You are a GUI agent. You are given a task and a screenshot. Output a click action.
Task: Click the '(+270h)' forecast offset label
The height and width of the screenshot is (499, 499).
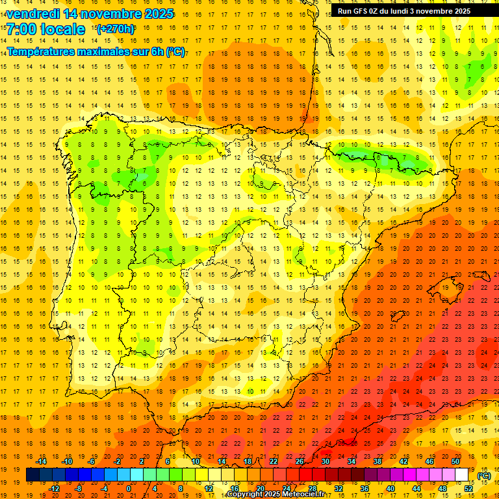(x=115, y=29)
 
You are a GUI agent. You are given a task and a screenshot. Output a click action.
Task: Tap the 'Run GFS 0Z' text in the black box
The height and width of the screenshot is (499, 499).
(x=359, y=11)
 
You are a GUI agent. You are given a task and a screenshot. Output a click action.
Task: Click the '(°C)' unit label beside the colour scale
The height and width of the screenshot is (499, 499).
(x=484, y=476)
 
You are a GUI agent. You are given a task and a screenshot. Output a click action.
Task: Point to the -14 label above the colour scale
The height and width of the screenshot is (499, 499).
(x=41, y=461)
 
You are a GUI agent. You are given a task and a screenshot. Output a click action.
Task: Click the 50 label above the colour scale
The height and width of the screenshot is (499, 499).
(x=455, y=461)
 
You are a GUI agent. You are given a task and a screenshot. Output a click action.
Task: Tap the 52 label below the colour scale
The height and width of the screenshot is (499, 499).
(x=468, y=489)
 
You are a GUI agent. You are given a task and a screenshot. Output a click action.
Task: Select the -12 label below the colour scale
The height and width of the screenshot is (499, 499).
(x=54, y=489)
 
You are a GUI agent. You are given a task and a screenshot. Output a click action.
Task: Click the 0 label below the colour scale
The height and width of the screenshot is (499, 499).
(x=129, y=489)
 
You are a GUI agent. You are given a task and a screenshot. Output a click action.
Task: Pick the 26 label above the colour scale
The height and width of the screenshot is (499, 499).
(x=299, y=461)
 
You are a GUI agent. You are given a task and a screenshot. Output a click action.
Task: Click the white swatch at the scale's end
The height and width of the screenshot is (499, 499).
(x=462, y=475)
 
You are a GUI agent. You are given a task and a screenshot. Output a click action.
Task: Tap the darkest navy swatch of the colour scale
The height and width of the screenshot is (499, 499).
(x=32, y=475)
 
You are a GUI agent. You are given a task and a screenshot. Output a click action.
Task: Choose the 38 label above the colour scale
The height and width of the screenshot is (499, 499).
(x=377, y=461)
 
